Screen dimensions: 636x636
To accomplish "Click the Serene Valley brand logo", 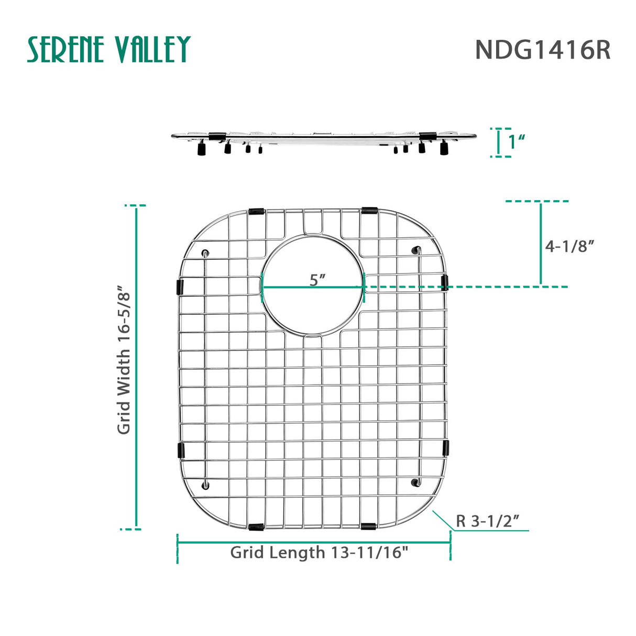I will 108,50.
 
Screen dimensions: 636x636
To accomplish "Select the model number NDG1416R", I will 542,50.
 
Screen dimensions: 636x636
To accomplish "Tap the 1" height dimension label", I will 516,141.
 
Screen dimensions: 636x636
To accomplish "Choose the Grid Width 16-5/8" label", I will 124,360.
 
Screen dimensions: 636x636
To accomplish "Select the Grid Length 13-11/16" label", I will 319,552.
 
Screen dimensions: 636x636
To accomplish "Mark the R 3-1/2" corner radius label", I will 487,521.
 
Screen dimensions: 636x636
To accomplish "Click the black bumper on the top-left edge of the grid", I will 257,212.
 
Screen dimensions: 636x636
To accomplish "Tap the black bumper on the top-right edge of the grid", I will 369,211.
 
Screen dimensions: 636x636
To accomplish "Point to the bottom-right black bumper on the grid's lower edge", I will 369,525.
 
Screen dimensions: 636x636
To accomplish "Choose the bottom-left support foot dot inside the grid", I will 205,485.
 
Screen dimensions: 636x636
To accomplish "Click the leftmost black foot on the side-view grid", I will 200,150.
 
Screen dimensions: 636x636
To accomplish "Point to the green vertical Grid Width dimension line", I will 137,367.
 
